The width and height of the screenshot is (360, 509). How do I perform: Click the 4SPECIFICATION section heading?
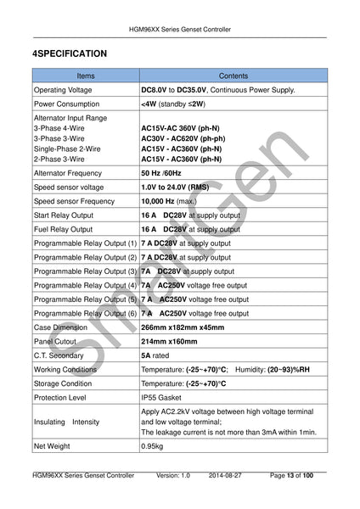tap(70, 53)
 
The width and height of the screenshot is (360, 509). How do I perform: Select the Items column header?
tap(85, 76)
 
